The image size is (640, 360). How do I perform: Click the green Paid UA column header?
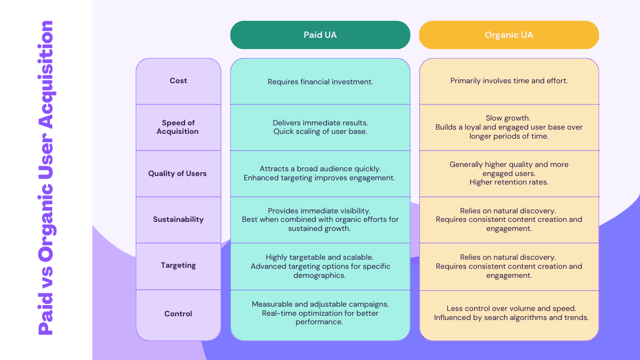pos(320,35)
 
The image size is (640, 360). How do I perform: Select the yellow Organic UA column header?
pos(509,35)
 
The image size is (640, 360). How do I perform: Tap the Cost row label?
pos(178,81)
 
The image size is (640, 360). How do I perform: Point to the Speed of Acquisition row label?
pos(178,127)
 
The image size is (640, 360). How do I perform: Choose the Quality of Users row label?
pos(178,173)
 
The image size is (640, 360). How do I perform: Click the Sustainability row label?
pos(178,219)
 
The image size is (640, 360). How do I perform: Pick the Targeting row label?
pos(178,265)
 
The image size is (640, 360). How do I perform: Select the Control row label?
pos(178,314)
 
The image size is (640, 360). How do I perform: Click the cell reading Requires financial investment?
pos(320,82)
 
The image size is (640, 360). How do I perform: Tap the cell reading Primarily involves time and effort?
pos(509,81)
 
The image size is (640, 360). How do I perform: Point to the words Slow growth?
pos(509,118)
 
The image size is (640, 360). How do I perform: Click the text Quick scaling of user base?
pos(320,132)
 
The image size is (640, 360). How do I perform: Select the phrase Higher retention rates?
pos(509,182)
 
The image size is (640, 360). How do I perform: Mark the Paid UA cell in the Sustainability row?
pos(320,219)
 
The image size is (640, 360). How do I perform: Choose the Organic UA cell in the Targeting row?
pos(509,266)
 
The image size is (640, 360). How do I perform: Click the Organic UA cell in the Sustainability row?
pos(509,219)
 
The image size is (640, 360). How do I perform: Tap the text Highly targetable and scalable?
pos(320,257)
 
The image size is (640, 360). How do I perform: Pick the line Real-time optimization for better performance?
pos(320,317)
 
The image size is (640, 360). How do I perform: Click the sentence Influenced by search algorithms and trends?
pos(511,318)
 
